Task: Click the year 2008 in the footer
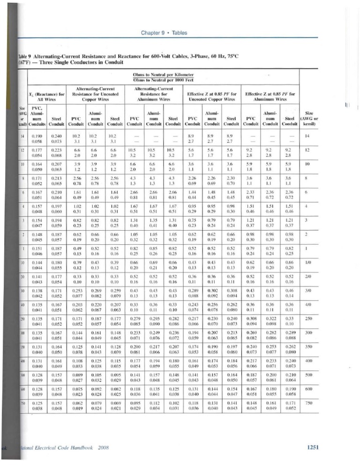[102, 448]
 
